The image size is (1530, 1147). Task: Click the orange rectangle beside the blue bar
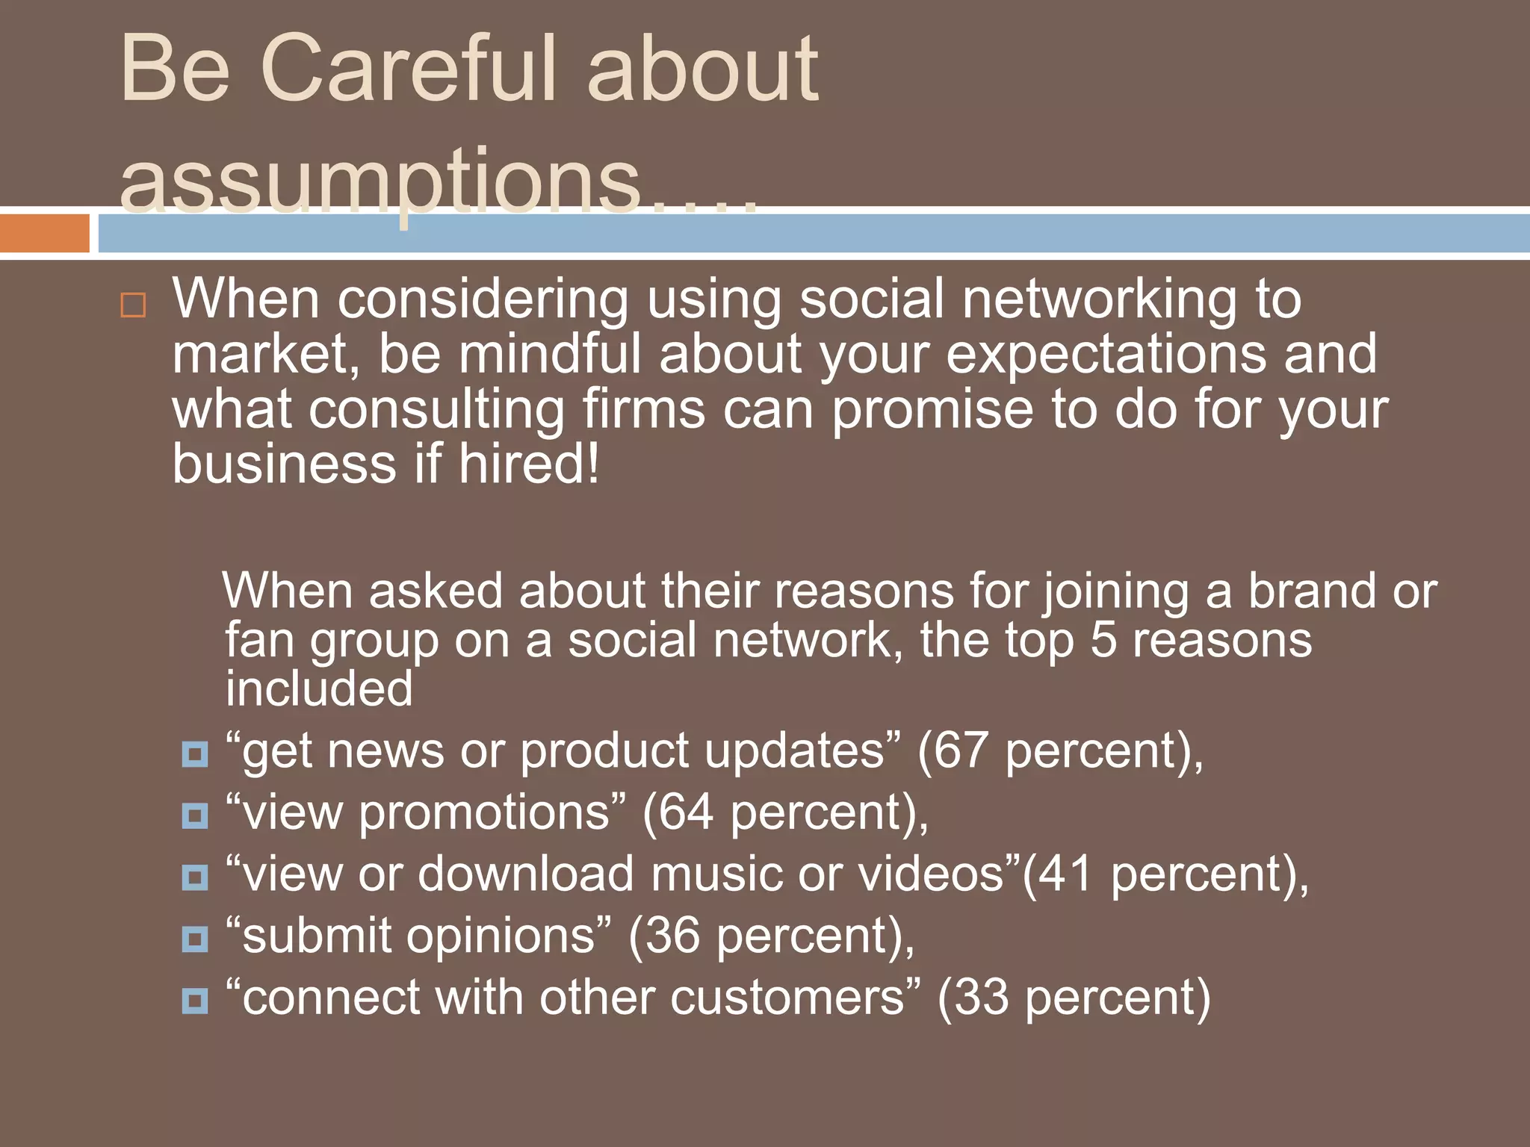(x=44, y=233)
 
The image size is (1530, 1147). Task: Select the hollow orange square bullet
(x=133, y=305)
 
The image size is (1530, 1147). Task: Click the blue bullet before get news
(x=195, y=754)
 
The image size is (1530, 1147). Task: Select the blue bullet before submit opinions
(x=195, y=939)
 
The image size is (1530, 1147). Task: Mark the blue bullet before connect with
(x=195, y=1001)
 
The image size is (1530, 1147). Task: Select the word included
(x=319, y=688)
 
